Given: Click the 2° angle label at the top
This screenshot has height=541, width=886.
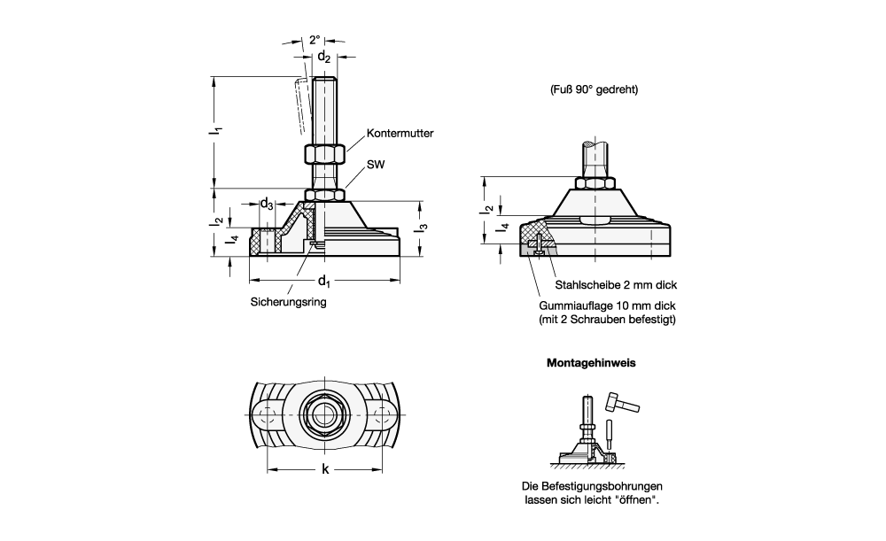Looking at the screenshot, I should (315, 40).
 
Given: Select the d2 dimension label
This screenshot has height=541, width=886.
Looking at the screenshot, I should (324, 58).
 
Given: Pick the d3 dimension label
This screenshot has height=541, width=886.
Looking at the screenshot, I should (266, 204).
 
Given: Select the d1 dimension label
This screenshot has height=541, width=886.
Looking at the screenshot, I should (323, 282).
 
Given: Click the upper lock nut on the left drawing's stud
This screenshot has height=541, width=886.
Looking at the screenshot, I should (324, 154).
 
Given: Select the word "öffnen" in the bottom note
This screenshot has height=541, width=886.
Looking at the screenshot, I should (637, 500).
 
